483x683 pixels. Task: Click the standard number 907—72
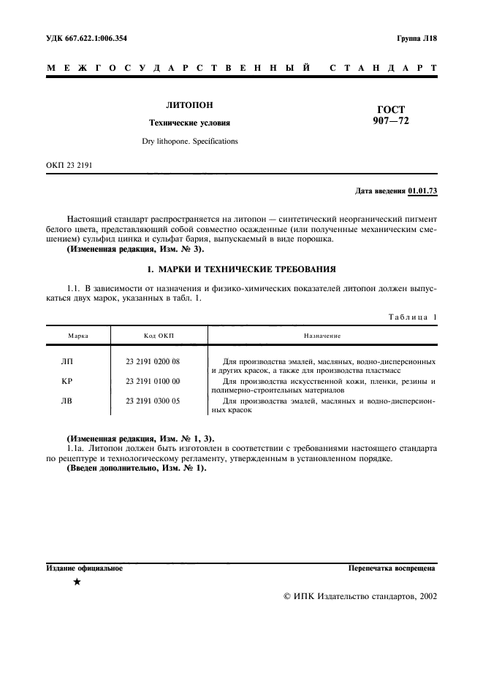pyautogui.click(x=391, y=121)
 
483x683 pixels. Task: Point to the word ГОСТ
pyautogui.click(x=391, y=109)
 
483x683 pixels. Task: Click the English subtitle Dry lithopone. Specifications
pyautogui.click(x=190, y=141)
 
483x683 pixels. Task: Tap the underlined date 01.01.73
pyautogui.click(x=422, y=191)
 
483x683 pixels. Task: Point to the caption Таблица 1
pyautogui.click(x=412, y=317)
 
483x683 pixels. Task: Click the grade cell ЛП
pyautogui.click(x=68, y=361)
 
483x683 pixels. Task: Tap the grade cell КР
pyautogui.click(x=68, y=381)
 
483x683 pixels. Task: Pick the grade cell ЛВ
pyautogui.click(x=68, y=401)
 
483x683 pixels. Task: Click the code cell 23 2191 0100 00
pyautogui.click(x=153, y=381)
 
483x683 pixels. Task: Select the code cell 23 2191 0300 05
pyautogui.click(x=153, y=401)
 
